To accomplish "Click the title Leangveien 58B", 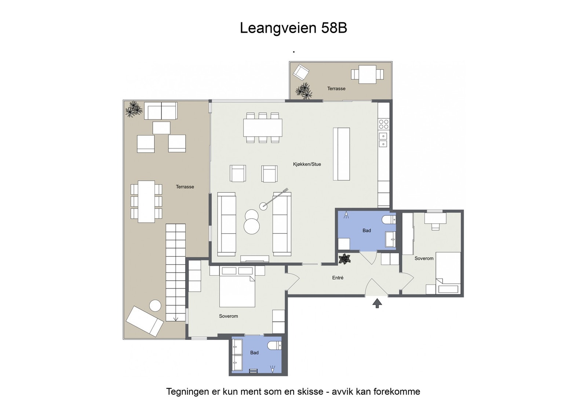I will click(293, 28).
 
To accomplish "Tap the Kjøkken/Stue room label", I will click(307, 164).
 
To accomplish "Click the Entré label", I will click(338, 278).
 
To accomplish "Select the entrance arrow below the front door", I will click(377, 303).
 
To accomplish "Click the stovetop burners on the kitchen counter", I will click(383, 124).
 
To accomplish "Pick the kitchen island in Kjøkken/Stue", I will click(341, 154).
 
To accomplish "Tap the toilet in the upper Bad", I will click(388, 220).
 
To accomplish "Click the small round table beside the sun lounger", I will click(155, 306).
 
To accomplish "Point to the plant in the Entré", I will click(344, 259).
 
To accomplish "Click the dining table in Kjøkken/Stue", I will click(263, 128).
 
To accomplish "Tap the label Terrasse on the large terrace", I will click(185, 187).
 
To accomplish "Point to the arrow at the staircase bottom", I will click(175, 319).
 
